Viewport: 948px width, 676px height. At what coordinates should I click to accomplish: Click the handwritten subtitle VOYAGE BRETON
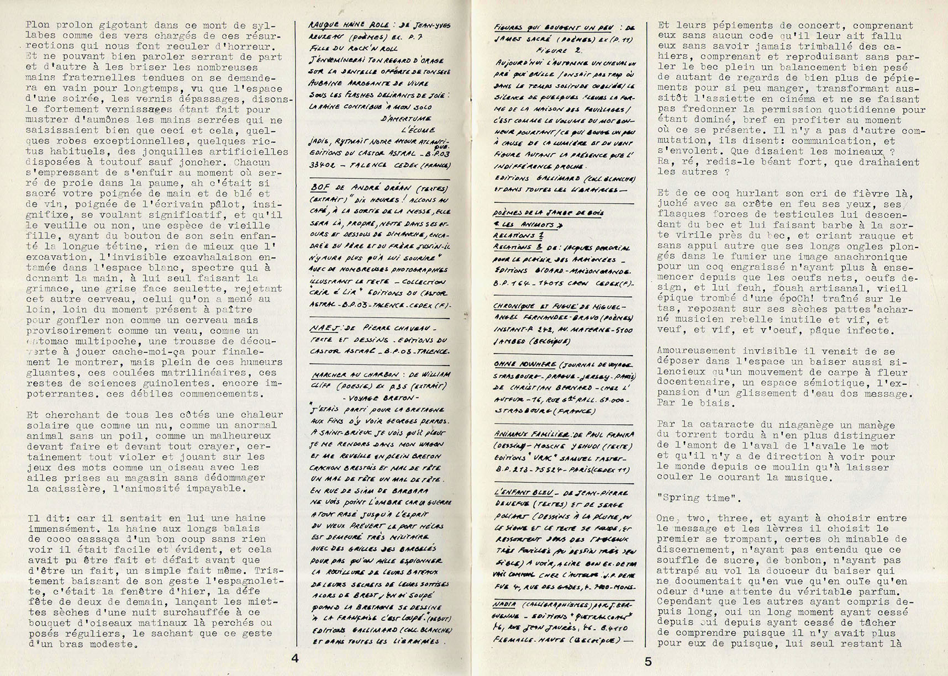tap(381, 398)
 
